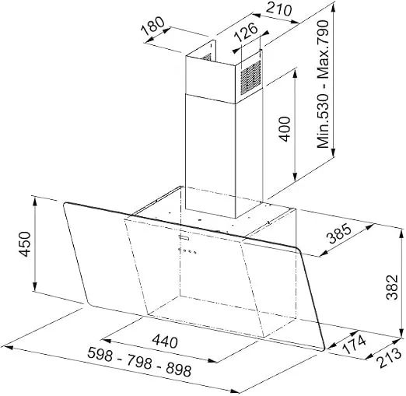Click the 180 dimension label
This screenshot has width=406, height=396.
(x=153, y=26)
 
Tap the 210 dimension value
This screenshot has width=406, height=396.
(x=278, y=9)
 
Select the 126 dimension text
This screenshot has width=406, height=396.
(x=246, y=32)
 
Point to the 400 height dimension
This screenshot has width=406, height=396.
(x=285, y=129)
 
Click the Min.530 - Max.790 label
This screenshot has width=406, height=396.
(x=323, y=84)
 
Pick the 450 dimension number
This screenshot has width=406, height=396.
(x=25, y=244)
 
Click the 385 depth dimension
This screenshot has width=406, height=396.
(x=340, y=234)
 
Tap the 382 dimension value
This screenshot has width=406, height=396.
(x=392, y=287)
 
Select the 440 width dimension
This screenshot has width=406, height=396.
(x=165, y=341)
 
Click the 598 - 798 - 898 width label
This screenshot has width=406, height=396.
(x=139, y=362)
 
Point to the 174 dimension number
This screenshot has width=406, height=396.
(x=354, y=345)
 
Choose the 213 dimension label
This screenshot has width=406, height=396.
(x=390, y=358)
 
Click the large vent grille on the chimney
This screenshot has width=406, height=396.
(x=250, y=77)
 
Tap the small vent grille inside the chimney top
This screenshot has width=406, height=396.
(x=207, y=57)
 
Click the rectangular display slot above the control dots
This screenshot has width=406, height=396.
(x=184, y=237)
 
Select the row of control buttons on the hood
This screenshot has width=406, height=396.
(x=187, y=251)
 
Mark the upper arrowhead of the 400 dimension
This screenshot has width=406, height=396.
(x=295, y=73)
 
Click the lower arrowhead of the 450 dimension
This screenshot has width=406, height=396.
(x=35, y=286)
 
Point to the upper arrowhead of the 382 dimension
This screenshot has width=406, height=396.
(x=401, y=233)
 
